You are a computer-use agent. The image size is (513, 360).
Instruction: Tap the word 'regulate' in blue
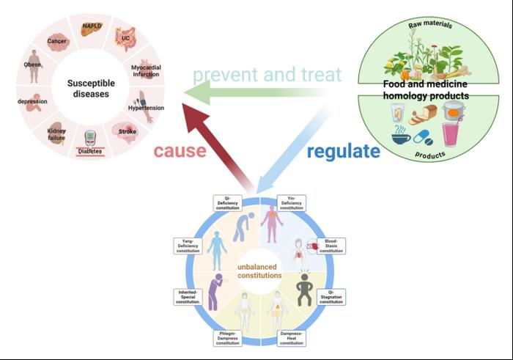coord(343,152)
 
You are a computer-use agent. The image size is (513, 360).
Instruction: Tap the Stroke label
coord(128,132)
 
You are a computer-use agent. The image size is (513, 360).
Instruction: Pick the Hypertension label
coord(147,108)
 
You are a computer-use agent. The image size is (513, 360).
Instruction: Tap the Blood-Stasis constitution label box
coord(332,246)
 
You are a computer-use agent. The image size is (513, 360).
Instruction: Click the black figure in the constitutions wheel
coord(302,286)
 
